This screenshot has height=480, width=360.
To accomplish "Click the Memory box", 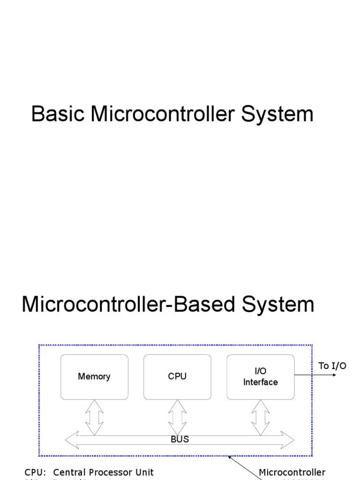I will pyautogui.click(x=94, y=377).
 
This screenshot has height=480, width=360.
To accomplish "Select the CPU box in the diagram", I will pyautogui.click(x=177, y=377).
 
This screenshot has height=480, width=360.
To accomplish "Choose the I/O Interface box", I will pyautogui.click(x=261, y=377).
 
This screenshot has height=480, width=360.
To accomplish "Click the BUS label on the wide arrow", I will pyautogui.click(x=180, y=439).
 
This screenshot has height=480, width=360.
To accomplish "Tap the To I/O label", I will pyautogui.click(x=332, y=366).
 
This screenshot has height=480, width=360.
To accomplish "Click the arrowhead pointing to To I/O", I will pyautogui.click(x=333, y=375).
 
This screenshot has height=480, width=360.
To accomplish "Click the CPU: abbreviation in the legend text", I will pyautogui.click(x=35, y=472).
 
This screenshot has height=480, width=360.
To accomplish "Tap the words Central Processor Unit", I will pyautogui.click(x=103, y=472).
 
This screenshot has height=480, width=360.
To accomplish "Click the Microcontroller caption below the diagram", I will pyautogui.click(x=292, y=472).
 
